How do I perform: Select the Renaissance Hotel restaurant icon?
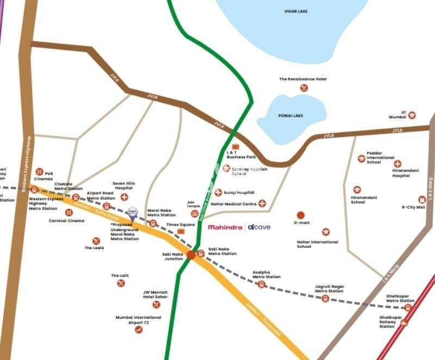[x=304, y=88]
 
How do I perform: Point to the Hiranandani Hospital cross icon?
[x=397, y=164]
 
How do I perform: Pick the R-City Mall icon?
[x=421, y=200]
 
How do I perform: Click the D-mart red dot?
[x=301, y=215]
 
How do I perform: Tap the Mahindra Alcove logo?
[x=239, y=227]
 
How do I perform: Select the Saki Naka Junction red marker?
[x=191, y=254]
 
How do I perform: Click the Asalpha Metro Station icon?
[x=262, y=284]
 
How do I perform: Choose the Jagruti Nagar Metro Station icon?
[x=325, y=298]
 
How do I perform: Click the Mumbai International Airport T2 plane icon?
[x=139, y=330]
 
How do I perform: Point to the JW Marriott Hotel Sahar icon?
[x=157, y=305]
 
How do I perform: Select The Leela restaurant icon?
[x=96, y=241]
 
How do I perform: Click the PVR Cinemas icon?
[x=39, y=172]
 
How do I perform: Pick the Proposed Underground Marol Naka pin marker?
[x=132, y=213]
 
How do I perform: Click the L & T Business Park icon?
[x=235, y=147]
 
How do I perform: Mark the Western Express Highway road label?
[x=28, y=163]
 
